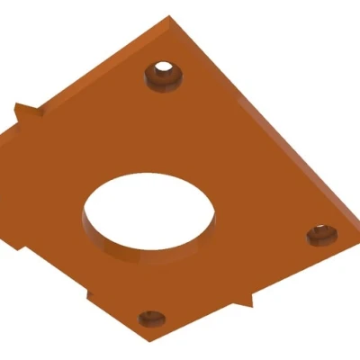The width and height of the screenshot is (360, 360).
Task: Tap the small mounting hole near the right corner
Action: click(x=320, y=235)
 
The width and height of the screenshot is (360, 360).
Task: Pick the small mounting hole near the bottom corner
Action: click(x=150, y=318)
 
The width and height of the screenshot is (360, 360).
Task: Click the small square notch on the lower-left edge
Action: click(x=90, y=294)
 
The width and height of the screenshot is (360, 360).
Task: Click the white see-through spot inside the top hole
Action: click(x=164, y=68)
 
